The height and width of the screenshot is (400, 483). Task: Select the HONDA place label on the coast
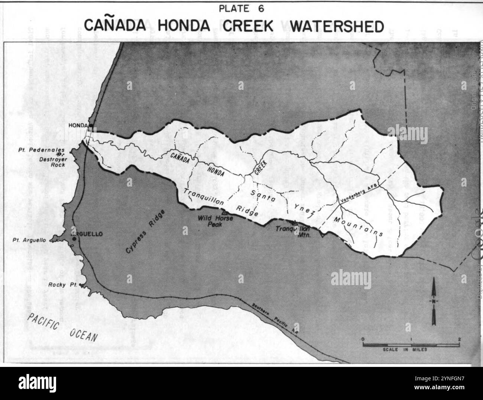point(78,125)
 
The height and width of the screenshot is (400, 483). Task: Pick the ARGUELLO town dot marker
point(74,239)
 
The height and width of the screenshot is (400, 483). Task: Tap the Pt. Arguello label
point(31,241)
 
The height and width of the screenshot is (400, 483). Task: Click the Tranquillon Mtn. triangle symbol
point(295,223)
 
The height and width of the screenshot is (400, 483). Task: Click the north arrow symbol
point(434,301)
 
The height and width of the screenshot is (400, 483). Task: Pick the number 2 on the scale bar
point(460,339)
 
